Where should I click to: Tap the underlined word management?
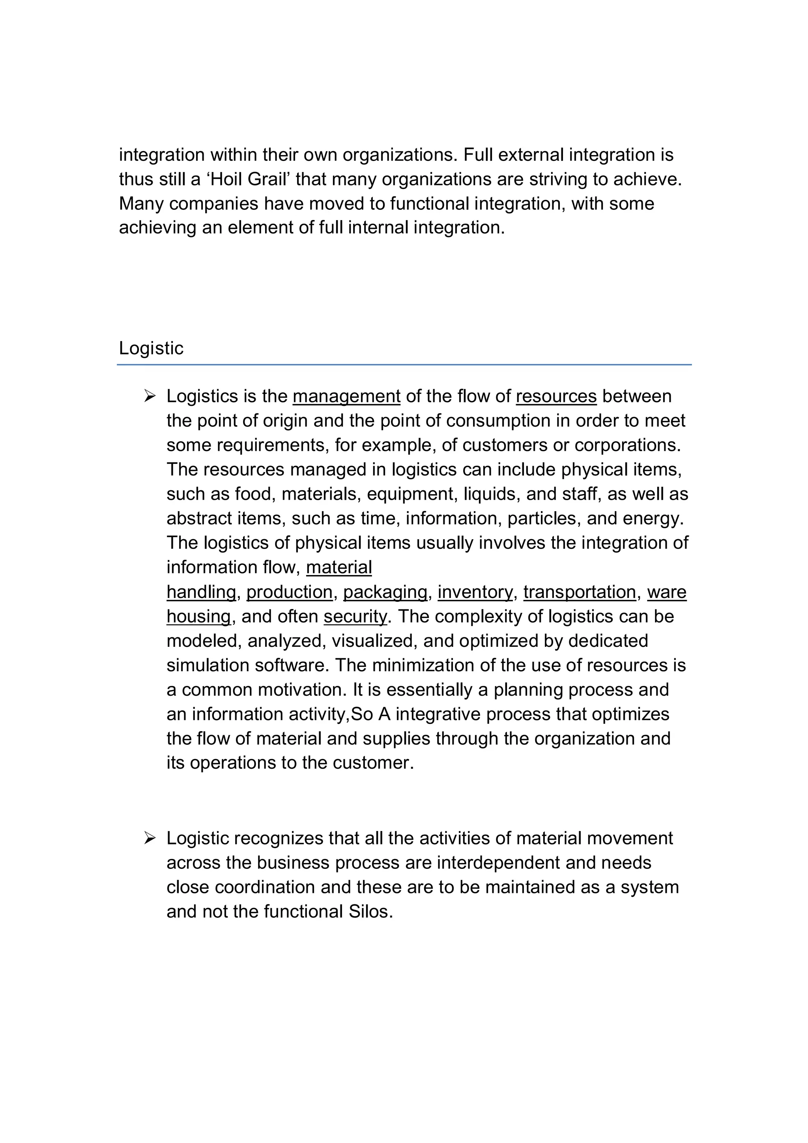pyautogui.click(x=346, y=396)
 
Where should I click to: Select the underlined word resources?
pyautogui.click(x=556, y=396)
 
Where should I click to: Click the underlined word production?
pyautogui.click(x=289, y=592)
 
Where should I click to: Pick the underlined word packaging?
pyautogui.click(x=385, y=592)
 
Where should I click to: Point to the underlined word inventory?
pyautogui.click(x=475, y=592)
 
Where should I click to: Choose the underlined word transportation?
pyautogui.click(x=580, y=592)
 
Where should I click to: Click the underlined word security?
pyautogui.click(x=355, y=616)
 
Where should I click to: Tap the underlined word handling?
pyautogui.click(x=201, y=592)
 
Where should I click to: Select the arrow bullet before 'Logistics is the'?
pyautogui.click(x=150, y=396)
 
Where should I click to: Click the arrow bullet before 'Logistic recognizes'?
pyautogui.click(x=150, y=839)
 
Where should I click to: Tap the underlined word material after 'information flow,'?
pyautogui.click(x=339, y=568)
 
